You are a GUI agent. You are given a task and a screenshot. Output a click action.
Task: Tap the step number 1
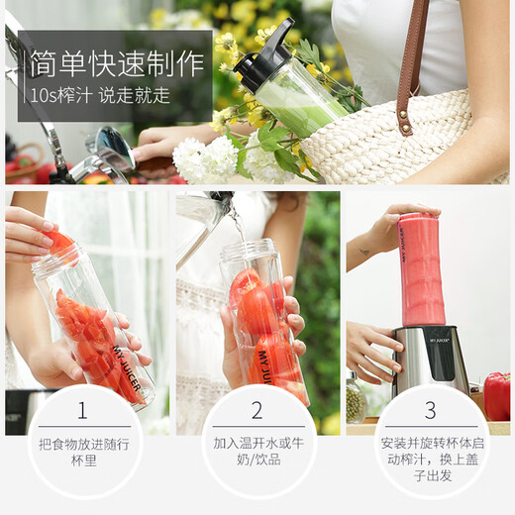tap(82, 410)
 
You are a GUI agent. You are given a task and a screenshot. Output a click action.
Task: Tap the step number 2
tap(257, 410)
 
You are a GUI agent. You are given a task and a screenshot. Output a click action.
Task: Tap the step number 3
tap(430, 410)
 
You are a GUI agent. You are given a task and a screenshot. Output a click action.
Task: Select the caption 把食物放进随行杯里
tap(82, 454)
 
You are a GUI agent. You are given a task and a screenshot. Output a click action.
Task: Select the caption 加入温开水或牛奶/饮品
tap(257, 454)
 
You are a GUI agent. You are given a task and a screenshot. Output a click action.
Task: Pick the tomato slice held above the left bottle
tap(61, 242)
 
